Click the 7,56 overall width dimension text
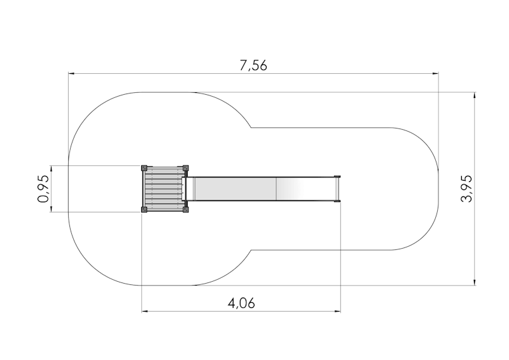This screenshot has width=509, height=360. [x=253, y=66]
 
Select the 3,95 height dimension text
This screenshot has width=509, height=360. [x=467, y=188]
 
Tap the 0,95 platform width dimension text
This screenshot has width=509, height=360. [x=43, y=189]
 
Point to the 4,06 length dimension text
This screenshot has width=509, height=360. [x=241, y=303]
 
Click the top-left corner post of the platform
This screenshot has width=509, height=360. [x=144, y=168]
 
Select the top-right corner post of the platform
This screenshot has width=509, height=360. [x=186, y=168]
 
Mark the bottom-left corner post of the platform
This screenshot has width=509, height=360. [x=144, y=209]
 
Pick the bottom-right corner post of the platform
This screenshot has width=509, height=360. [x=186, y=209]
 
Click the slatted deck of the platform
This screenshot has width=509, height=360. [x=164, y=189]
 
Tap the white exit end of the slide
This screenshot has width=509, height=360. [x=337, y=189]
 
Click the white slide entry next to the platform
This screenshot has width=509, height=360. [x=189, y=189]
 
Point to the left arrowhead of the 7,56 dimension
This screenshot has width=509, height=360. [x=72, y=74]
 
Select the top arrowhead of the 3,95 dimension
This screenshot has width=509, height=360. [x=475, y=95]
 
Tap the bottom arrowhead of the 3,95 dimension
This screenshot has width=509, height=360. [x=475, y=282]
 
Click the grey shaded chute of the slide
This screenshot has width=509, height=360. [x=235, y=189]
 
